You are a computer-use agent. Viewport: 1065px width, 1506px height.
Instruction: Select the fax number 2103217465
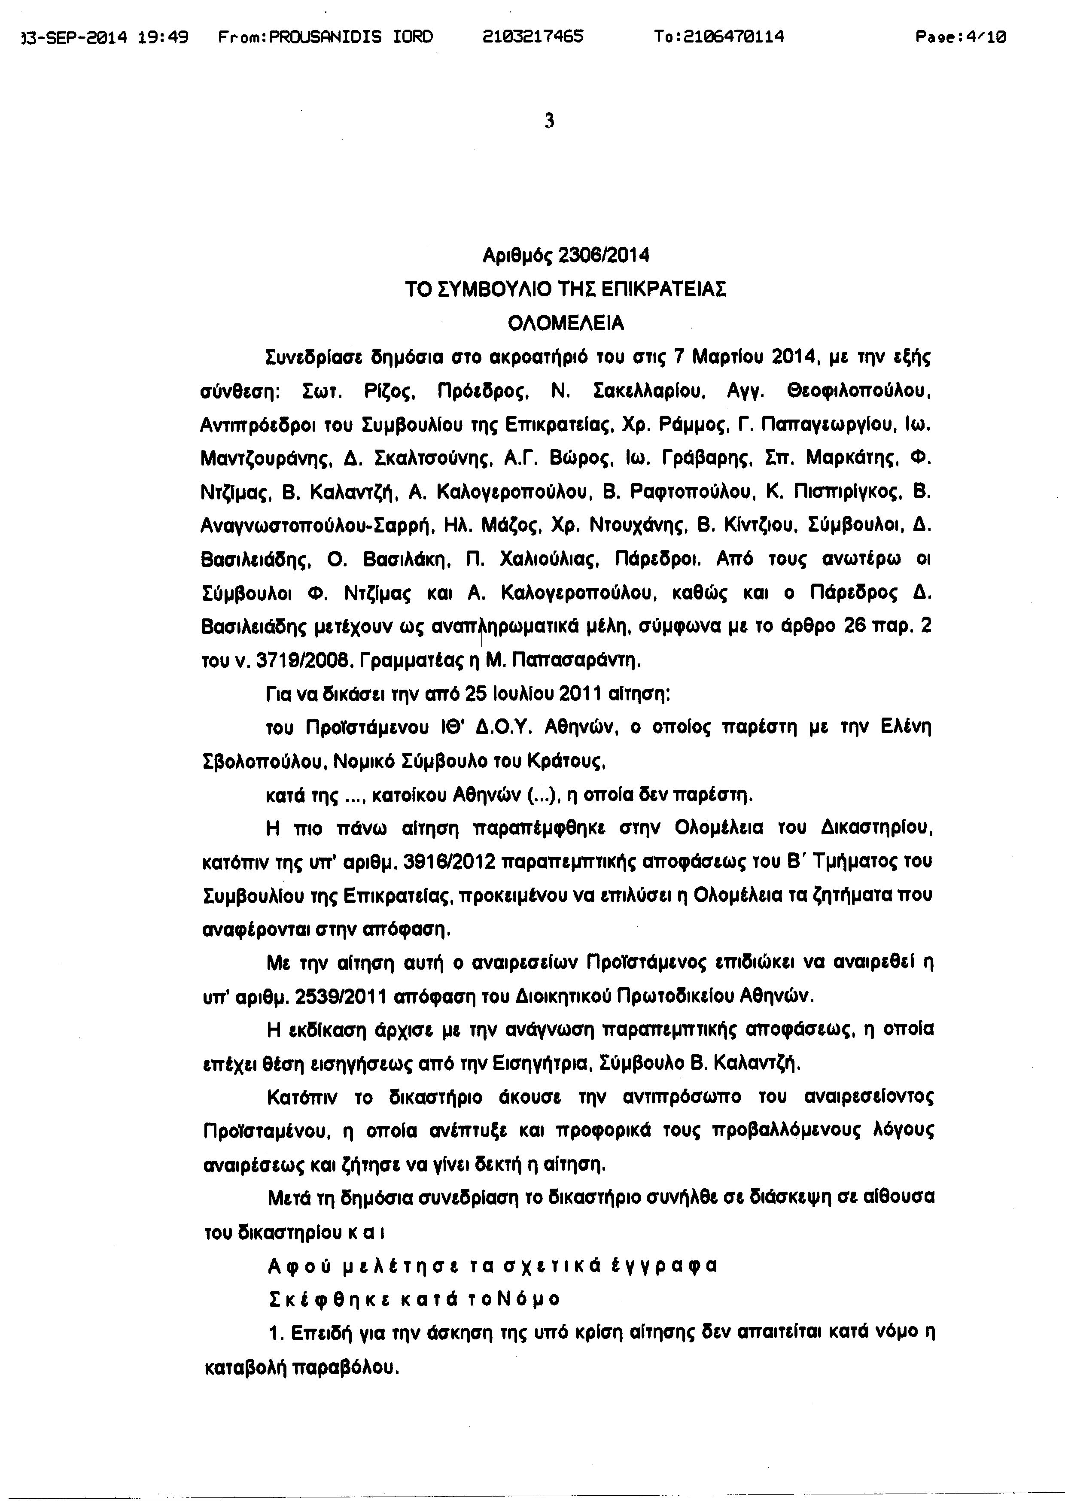(532, 37)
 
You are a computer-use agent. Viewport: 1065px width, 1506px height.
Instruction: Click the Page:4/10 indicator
(961, 37)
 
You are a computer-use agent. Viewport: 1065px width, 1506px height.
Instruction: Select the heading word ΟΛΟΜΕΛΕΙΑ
(566, 323)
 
